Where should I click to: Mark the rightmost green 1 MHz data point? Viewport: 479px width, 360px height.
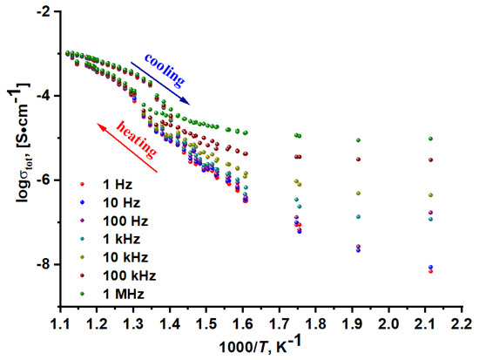point(430,138)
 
